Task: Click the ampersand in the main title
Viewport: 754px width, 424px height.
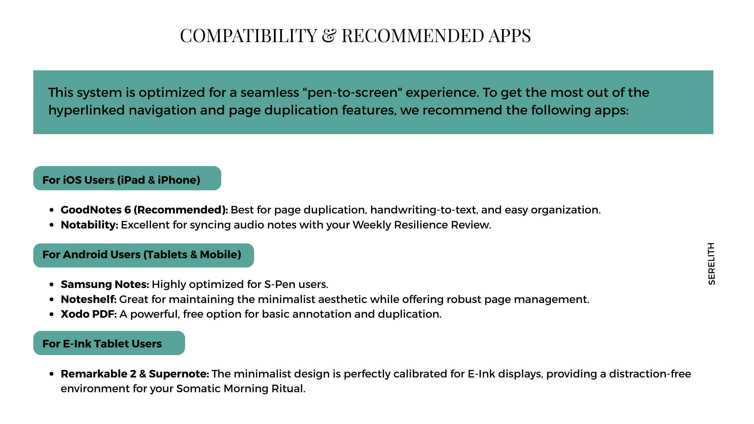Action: [x=329, y=36]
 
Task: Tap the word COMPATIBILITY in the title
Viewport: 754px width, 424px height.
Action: [x=248, y=36]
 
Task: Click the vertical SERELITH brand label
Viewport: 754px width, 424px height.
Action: [x=711, y=264]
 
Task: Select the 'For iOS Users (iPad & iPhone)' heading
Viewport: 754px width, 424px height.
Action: [x=121, y=180]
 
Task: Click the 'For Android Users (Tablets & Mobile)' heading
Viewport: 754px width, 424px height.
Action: [x=142, y=254]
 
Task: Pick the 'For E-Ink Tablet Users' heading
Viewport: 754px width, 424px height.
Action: [x=102, y=344]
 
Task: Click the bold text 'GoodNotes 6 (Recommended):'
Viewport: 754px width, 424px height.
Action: [x=144, y=210]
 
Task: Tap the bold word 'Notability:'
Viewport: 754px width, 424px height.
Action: [x=90, y=225]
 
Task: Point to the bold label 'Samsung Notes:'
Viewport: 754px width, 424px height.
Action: [x=105, y=284]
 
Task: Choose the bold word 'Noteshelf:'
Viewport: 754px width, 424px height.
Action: [x=89, y=299]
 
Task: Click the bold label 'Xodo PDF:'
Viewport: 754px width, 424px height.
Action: [x=89, y=314]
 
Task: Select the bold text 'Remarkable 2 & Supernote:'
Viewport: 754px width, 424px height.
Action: [x=135, y=374]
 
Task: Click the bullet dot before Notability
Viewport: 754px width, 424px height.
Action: [x=52, y=225]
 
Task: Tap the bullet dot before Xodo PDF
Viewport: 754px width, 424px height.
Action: [x=52, y=314]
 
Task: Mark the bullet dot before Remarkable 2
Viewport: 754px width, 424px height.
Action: [x=52, y=374]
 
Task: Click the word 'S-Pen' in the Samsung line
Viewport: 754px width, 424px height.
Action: [x=280, y=284]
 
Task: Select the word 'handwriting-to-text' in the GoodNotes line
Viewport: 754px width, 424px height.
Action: [x=423, y=210]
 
